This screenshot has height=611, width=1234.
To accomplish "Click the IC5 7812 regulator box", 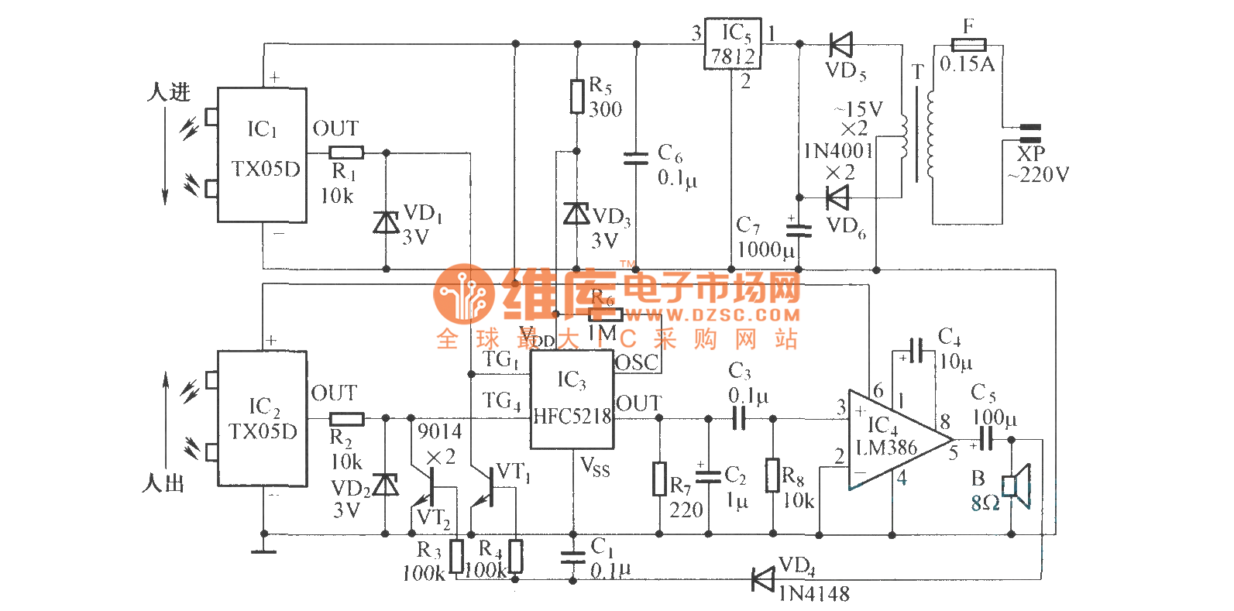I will pos(732,44).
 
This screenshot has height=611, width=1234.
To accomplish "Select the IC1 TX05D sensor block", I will pos(262,155).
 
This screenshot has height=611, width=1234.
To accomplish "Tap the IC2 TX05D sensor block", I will pos(262,419).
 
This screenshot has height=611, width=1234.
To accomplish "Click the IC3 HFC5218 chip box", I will pos(572,400).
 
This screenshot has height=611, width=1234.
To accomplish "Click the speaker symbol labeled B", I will pos(1016,486).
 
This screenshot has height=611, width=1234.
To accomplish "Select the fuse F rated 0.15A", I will pos(968,44).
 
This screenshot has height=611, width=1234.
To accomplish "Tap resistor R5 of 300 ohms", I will pos(577,96).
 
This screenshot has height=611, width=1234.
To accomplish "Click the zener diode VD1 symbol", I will pos(387,222).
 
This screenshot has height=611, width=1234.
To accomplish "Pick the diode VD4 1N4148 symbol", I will pos(764,578).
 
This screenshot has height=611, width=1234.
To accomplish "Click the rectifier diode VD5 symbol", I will pos(840,44).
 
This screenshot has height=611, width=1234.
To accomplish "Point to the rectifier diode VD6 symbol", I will pos(837,197).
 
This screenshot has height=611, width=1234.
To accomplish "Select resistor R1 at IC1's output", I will pos(345,153).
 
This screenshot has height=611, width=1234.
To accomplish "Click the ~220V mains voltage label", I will pos(1038,175).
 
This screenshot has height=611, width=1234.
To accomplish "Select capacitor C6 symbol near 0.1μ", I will pos(636,159).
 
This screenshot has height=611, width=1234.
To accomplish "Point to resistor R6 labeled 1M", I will pos(605,314).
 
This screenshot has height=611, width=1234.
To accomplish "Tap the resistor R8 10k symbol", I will pos(772,475).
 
